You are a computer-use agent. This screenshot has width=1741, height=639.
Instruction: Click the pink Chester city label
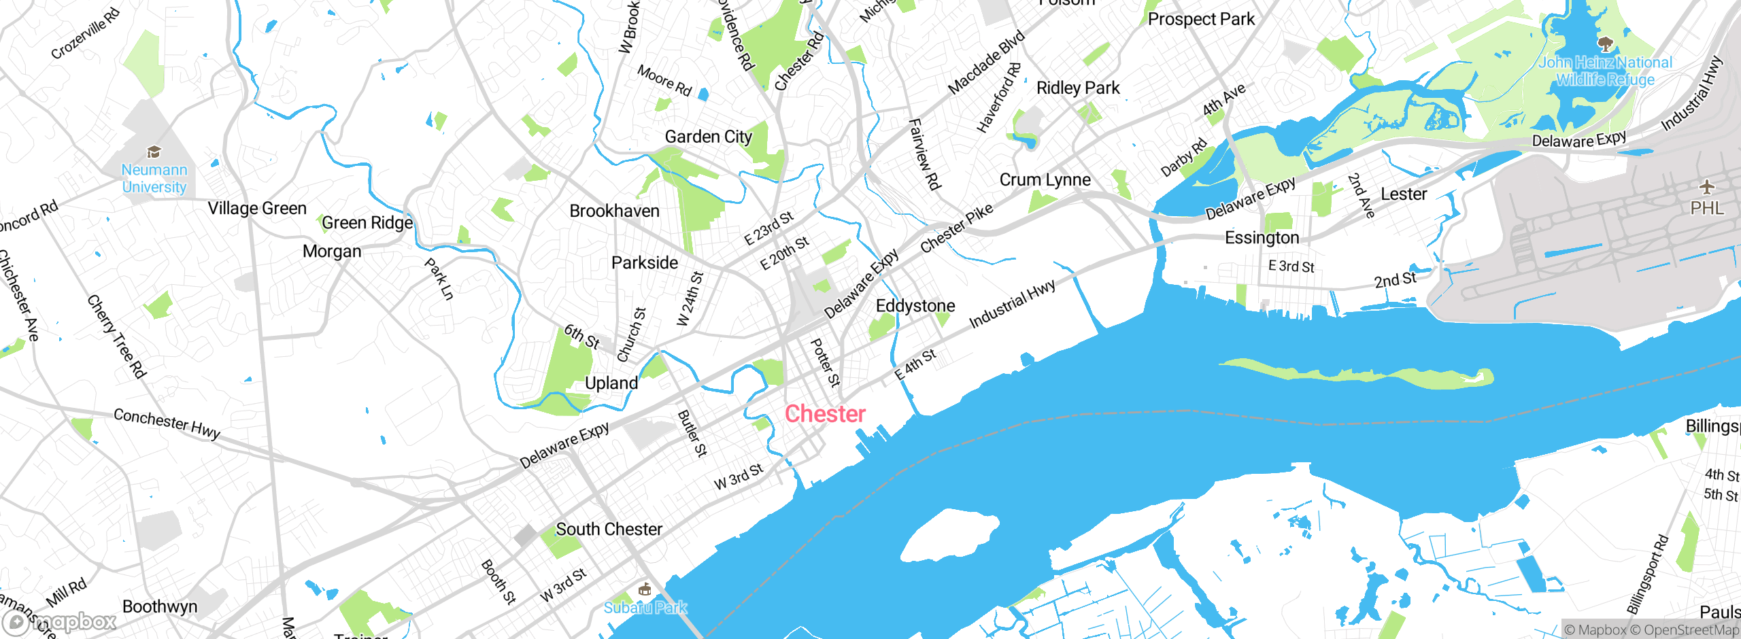[x=825, y=414]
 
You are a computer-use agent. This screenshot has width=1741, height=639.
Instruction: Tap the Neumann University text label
[x=154, y=179]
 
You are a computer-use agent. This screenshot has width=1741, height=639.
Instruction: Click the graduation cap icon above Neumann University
[x=154, y=152]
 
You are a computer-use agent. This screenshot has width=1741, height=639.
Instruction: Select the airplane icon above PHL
[x=1706, y=187]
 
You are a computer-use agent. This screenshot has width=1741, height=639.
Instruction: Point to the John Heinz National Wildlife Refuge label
[x=1605, y=71]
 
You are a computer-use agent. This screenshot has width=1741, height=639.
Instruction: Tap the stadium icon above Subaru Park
[x=645, y=589]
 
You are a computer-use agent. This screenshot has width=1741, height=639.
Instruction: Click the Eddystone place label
[x=915, y=306]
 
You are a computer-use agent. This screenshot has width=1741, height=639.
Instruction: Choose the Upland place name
[x=611, y=383]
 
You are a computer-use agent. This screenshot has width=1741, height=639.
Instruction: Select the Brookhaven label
[x=614, y=211]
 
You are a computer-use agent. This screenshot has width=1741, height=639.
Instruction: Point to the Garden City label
[x=709, y=137]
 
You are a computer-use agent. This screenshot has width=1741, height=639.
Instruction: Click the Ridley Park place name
[x=1078, y=88]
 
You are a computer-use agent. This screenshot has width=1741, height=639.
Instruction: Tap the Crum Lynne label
[x=1045, y=180]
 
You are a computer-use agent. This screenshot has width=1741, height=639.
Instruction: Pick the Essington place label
[x=1262, y=238]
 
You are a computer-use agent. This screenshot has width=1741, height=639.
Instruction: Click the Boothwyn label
[x=160, y=606]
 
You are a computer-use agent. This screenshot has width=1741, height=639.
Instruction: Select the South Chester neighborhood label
[x=609, y=530]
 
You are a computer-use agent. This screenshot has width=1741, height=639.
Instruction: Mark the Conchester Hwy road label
[x=167, y=423]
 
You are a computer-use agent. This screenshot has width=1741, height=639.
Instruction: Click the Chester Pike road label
[x=956, y=228]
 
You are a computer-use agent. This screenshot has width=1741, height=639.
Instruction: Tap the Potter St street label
[x=826, y=362]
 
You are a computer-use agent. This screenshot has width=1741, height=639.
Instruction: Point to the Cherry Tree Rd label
[x=116, y=336]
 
